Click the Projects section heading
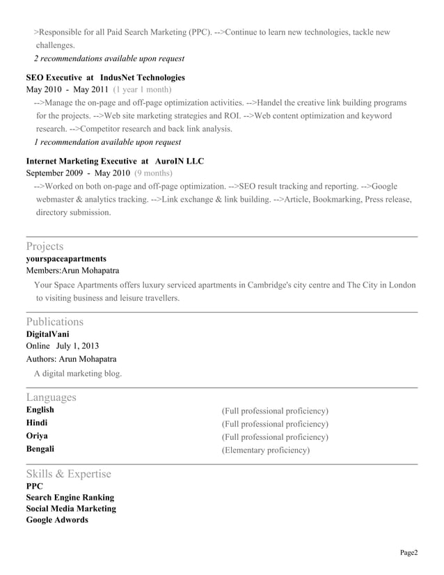[45, 246]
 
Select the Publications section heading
[54, 322]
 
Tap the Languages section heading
[51, 397]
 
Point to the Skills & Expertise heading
[68, 474]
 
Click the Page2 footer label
[409, 553]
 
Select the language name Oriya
[37, 436]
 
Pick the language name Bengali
[40, 449]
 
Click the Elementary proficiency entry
[265, 450]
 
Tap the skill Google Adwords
[57, 520]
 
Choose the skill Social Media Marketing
[71, 509]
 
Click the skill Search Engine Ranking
[70, 498]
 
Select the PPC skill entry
[34, 487]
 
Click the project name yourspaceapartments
[66, 259]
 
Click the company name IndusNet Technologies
[143, 77]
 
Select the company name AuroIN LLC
[180, 161]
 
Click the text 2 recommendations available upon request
[109, 58]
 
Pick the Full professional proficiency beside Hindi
[275, 424]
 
